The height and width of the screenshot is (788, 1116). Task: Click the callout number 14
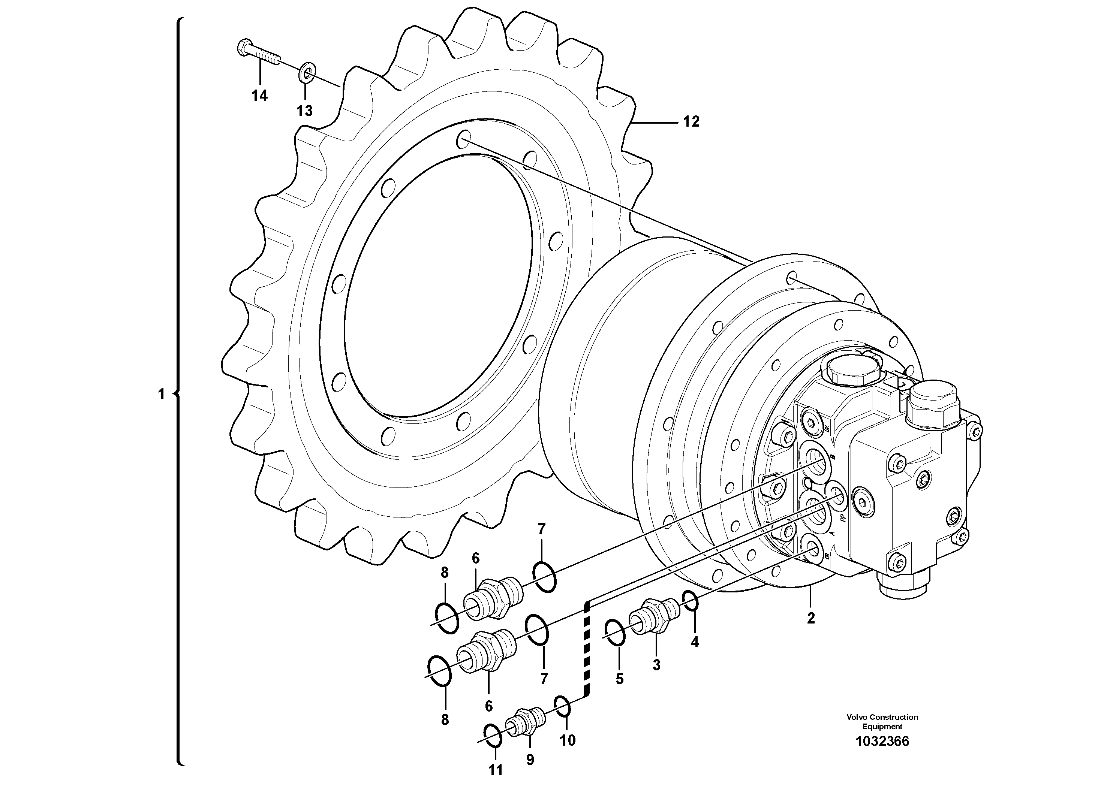point(259,96)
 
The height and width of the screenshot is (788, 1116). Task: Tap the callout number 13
point(304,111)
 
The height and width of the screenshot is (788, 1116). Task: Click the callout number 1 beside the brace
point(162,394)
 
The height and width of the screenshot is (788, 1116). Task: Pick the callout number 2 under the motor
point(810,619)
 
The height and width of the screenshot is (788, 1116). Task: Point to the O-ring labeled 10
point(562,706)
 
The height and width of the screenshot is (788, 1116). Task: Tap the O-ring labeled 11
point(493,736)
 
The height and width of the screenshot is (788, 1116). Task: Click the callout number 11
point(495,770)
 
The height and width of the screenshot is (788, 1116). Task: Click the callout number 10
point(567,740)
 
